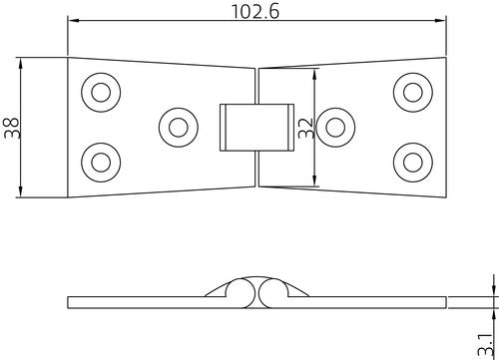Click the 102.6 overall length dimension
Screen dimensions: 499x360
[255, 12]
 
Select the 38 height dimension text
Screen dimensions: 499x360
[12, 128]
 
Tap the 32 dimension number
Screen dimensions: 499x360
[306, 128]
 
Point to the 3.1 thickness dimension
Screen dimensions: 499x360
[484, 345]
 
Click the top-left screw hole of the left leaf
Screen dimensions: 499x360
[101, 93]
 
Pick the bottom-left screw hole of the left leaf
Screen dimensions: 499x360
[101, 163]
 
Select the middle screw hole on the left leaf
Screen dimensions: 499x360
[179, 128]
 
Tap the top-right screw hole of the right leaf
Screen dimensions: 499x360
[413, 93]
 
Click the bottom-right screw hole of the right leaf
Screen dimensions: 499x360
[413, 163]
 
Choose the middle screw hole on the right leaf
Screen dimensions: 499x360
[335, 128]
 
